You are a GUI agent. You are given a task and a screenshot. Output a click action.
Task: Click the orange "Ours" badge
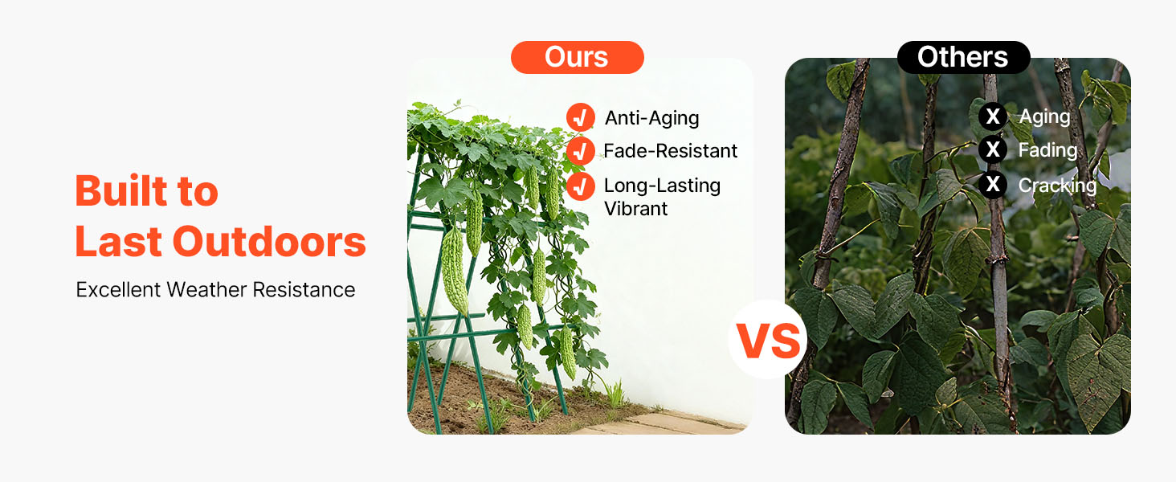click(x=577, y=57)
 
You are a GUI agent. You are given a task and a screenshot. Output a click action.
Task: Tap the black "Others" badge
click(x=963, y=57)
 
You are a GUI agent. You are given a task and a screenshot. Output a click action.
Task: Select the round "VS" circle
click(x=768, y=340)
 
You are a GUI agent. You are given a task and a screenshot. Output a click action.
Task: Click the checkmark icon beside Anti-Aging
click(x=580, y=117)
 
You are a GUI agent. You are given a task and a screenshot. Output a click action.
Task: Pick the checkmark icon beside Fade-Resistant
click(x=580, y=151)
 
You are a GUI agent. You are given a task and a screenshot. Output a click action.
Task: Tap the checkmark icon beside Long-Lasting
click(x=580, y=186)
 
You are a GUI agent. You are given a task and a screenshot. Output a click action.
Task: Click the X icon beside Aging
click(x=992, y=116)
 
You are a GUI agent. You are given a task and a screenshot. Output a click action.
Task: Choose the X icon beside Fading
click(x=992, y=149)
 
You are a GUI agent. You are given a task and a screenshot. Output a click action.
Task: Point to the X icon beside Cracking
click(x=992, y=184)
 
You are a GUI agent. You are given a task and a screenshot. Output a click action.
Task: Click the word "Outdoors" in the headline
click(x=269, y=242)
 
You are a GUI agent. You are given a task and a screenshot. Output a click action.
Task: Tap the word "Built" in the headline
click(x=120, y=190)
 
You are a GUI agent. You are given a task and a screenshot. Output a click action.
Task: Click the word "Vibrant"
click(x=635, y=209)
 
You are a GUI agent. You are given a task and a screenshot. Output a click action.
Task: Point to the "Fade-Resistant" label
click(x=671, y=151)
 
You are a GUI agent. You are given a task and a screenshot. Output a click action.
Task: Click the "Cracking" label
click(x=1057, y=186)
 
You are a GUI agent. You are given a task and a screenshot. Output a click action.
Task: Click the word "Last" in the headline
click(x=119, y=242)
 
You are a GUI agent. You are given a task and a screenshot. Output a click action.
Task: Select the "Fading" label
click(x=1048, y=151)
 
